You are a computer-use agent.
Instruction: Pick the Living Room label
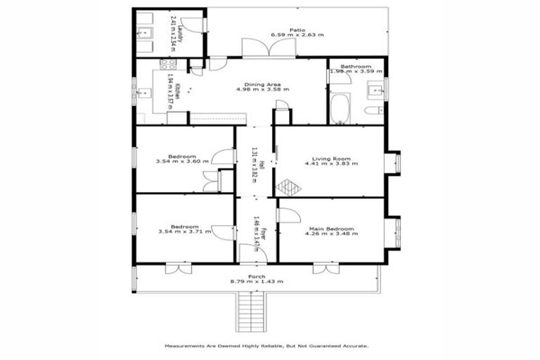331,158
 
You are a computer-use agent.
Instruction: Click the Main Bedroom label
330,229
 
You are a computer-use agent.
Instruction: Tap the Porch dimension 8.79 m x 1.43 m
257,282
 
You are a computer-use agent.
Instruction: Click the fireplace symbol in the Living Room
288,187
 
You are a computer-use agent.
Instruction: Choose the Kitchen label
178,91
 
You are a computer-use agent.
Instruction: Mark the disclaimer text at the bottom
266,346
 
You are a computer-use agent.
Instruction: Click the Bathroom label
356,65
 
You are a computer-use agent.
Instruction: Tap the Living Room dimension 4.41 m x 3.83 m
331,164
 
